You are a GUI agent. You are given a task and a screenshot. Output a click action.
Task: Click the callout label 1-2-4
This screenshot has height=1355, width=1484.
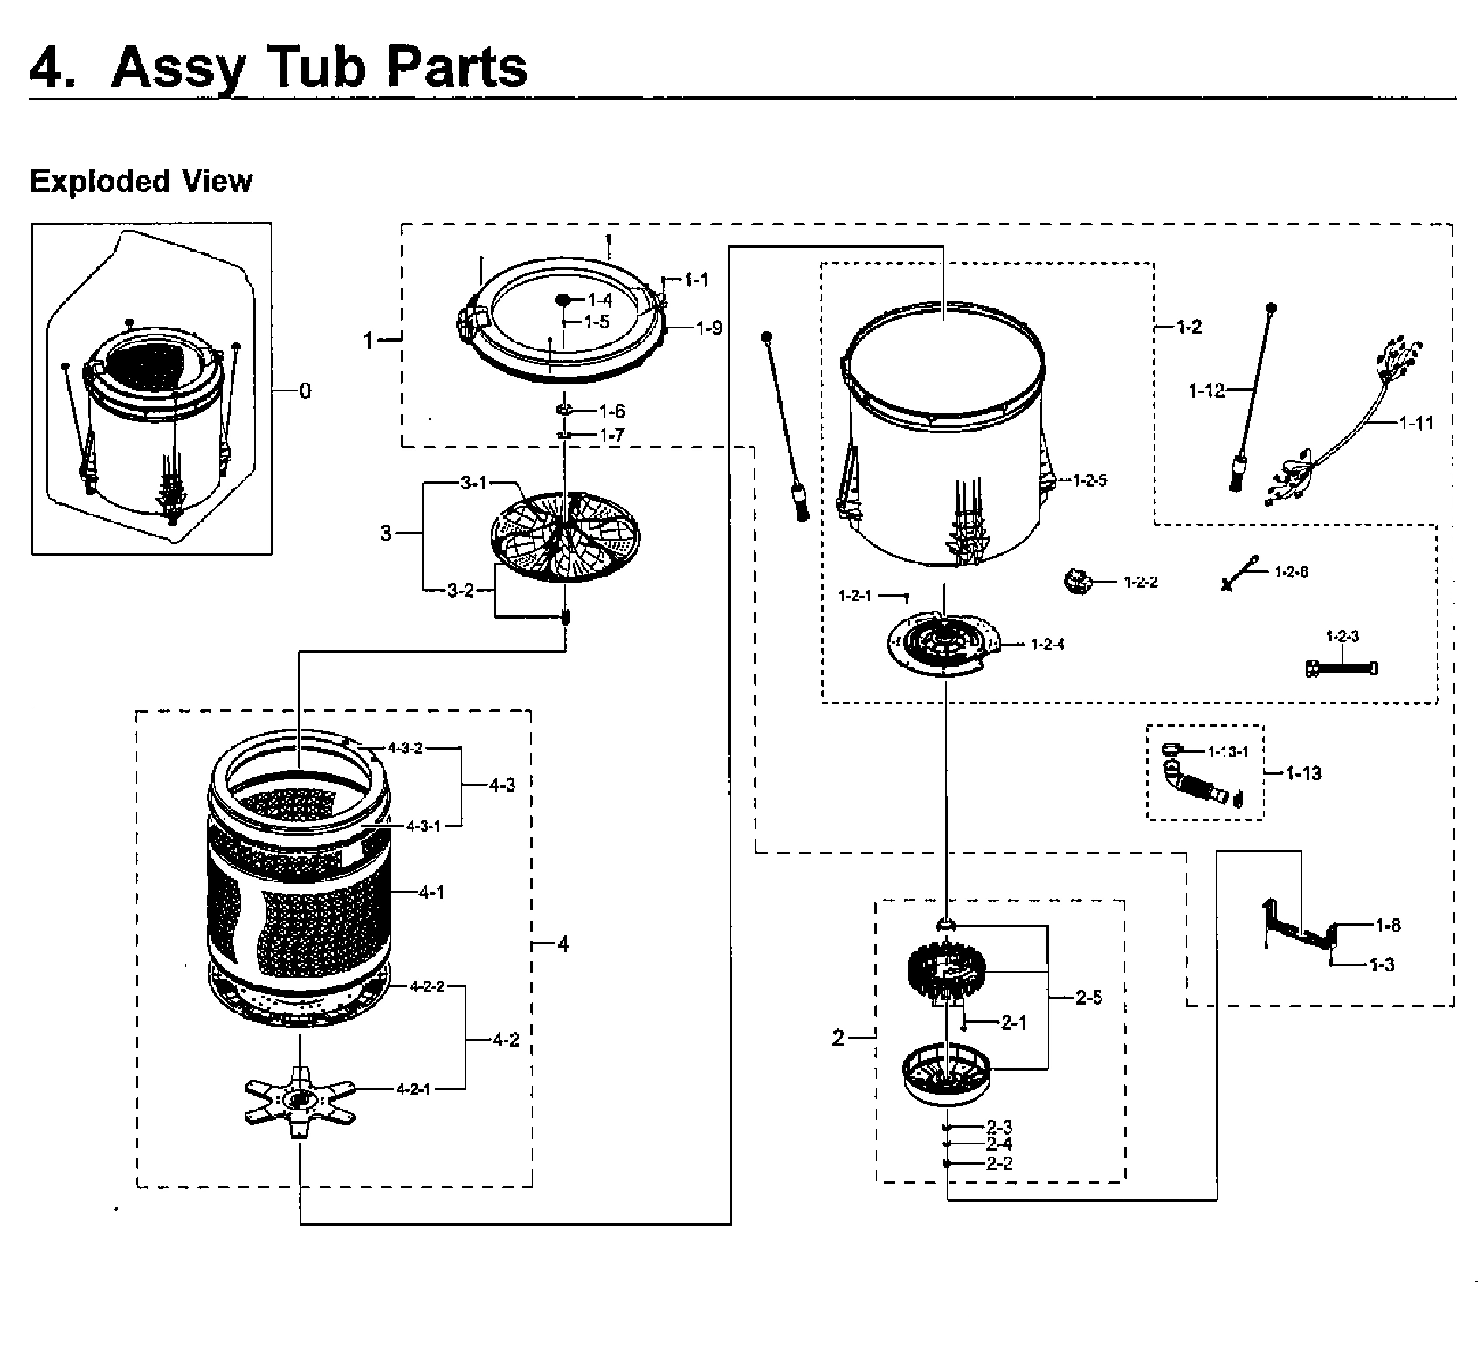tap(1046, 645)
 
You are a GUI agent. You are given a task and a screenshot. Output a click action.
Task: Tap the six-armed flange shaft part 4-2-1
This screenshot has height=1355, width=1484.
tap(299, 1099)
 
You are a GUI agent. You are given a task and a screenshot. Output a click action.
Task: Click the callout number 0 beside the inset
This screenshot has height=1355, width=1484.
tap(305, 391)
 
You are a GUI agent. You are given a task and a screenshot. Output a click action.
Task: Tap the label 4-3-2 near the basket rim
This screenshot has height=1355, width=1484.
tap(405, 748)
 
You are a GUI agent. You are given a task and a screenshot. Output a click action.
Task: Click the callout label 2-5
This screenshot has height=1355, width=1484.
tap(1088, 998)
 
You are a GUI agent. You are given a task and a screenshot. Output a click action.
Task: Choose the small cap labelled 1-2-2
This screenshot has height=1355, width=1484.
tap(1078, 581)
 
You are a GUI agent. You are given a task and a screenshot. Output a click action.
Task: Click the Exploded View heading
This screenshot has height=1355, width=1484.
tap(141, 181)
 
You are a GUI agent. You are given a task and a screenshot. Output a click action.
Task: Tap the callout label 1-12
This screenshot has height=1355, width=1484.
tap(1206, 391)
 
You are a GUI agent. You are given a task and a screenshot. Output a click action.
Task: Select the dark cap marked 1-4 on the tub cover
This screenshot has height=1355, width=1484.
tap(563, 300)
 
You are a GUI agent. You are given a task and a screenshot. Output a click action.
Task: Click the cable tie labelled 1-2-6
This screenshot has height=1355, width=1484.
tap(1239, 574)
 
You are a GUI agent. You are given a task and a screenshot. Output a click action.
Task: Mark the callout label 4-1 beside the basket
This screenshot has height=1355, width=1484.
tap(431, 893)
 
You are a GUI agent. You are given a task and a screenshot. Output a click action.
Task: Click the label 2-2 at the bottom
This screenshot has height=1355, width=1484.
tap(999, 1164)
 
